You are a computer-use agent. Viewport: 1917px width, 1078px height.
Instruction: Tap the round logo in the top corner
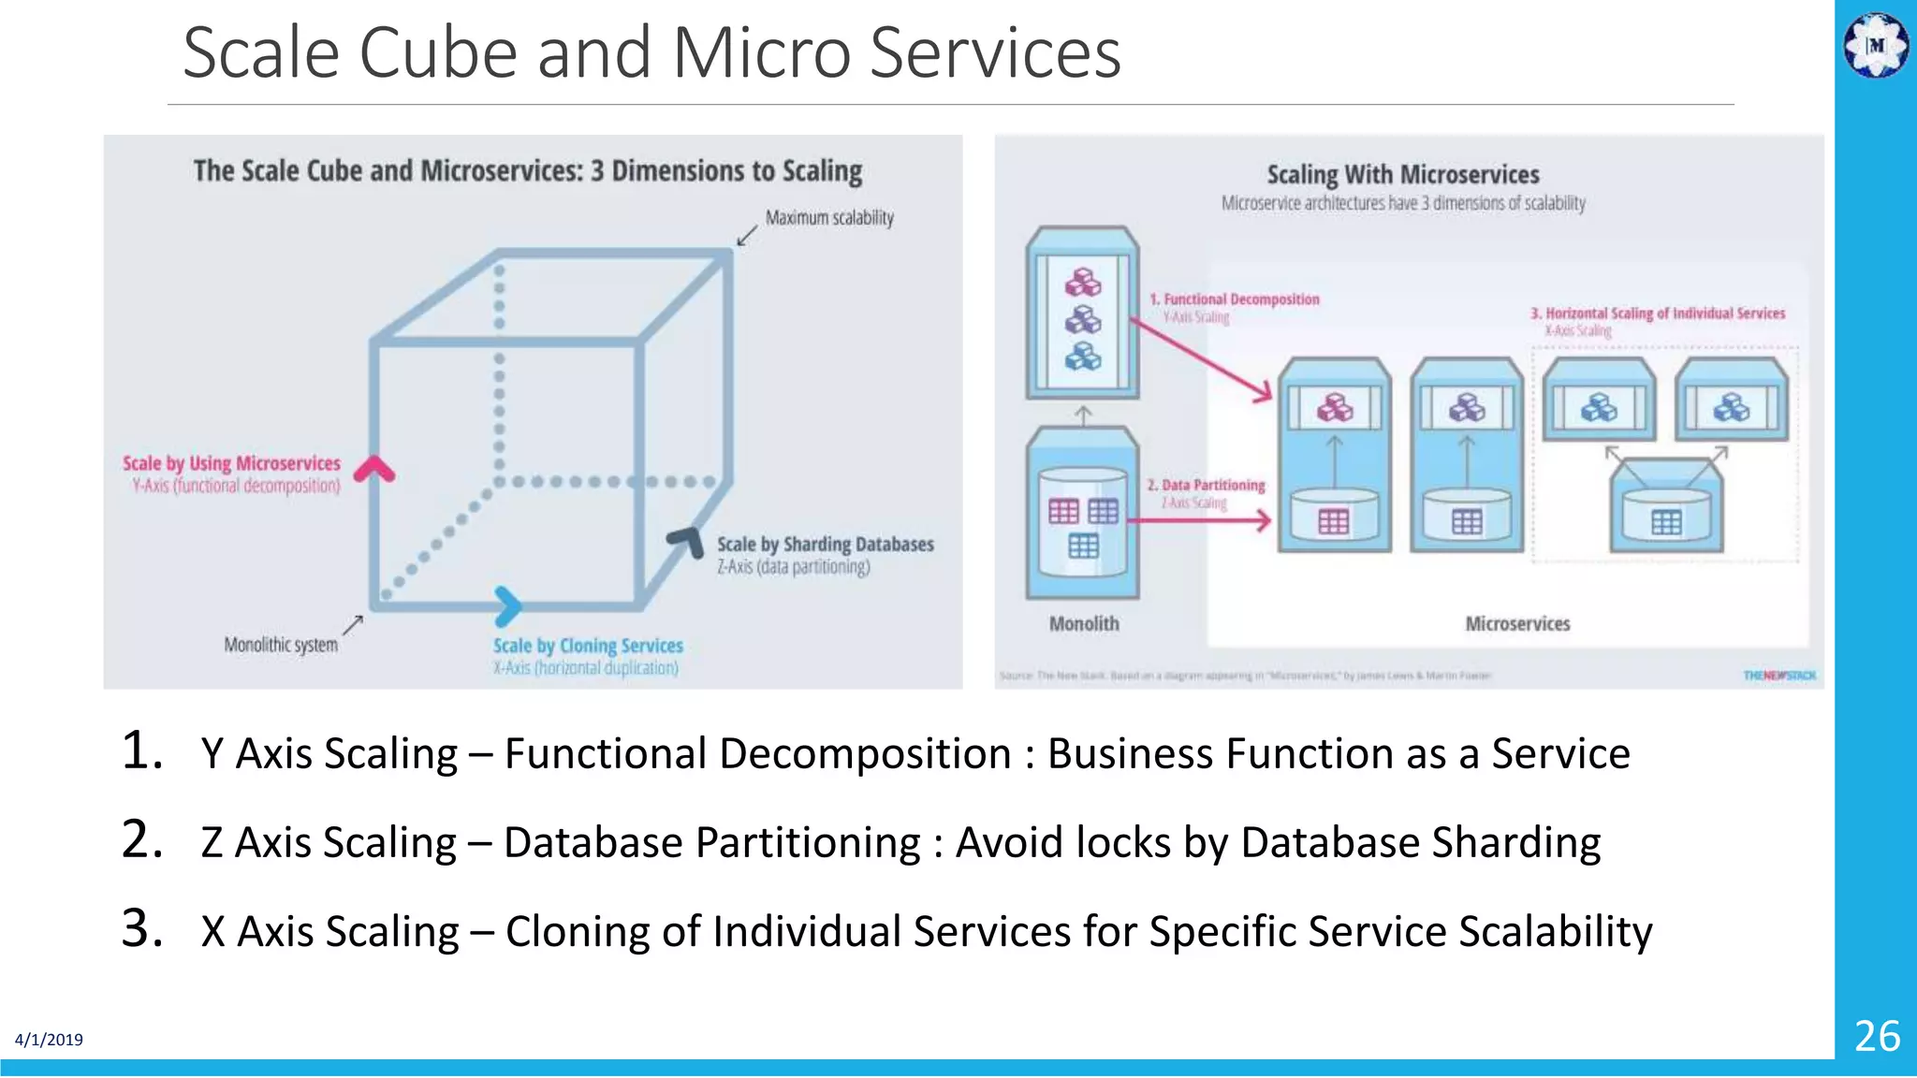coord(1875,45)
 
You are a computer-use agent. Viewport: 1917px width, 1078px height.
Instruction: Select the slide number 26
coord(1876,1036)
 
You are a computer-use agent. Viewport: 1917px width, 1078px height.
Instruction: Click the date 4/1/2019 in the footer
coord(49,1040)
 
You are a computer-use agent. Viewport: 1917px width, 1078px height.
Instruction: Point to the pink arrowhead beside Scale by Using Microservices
coord(374,469)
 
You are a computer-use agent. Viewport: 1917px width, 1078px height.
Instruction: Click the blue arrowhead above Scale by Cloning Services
coord(507,606)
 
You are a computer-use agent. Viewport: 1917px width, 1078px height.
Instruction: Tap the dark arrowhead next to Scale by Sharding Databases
coord(687,541)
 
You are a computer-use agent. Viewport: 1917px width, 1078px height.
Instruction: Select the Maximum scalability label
coord(829,218)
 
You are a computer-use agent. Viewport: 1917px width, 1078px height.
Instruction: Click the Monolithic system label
coord(281,645)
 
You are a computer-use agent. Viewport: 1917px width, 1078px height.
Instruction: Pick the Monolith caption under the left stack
coord(1083,624)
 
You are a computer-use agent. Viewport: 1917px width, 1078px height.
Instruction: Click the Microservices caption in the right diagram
coord(1516,624)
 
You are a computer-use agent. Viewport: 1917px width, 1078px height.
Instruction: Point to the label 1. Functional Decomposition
coord(1235,299)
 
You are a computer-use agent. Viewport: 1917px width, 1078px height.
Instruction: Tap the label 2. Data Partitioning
coord(1206,485)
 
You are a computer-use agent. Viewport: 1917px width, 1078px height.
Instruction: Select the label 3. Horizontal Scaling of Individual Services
coord(1658,313)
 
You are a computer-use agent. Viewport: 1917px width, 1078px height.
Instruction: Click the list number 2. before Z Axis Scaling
coord(142,839)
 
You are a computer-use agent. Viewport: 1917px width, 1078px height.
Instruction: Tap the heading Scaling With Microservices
coord(1402,175)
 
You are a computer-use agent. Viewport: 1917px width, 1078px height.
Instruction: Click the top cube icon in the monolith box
coord(1083,283)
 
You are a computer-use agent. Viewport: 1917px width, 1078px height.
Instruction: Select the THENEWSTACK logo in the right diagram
coord(1778,676)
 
